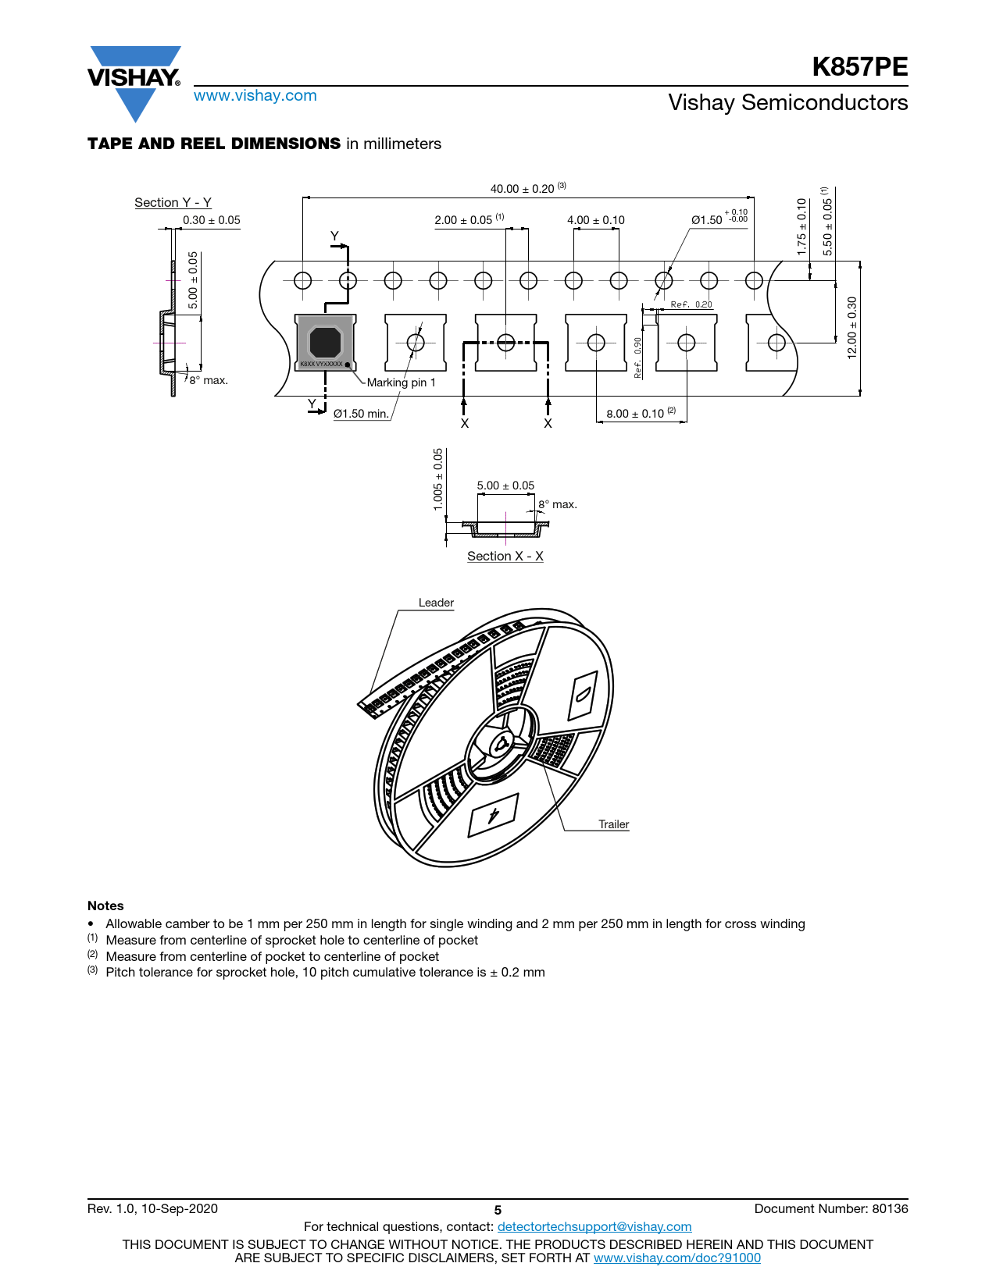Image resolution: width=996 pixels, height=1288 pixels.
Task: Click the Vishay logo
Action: pyautogui.click(x=134, y=83)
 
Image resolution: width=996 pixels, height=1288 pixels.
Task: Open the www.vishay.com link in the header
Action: pyautogui.click(x=255, y=95)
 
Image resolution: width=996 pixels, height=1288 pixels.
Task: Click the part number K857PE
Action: pyautogui.click(x=859, y=66)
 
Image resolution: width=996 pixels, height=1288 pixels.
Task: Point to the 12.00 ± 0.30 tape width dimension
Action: pyautogui.click(x=851, y=328)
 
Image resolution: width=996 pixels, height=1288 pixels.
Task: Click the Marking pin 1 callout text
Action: pyautogui.click(x=401, y=382)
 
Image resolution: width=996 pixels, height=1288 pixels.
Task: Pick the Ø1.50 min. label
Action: pyautogui.click(x=361, y=413)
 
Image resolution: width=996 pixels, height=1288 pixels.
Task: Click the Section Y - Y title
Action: pyautogui.click(x=173, y=202)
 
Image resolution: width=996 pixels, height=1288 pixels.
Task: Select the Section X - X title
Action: pyautogui.click(x=505, y=556)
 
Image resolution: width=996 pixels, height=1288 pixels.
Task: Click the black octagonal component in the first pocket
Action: pyautogui.click(x=325, y=342)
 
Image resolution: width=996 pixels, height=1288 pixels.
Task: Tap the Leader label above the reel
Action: pyautogui.click(x=436, y=602)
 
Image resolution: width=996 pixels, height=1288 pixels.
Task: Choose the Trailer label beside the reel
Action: pyautogui.click(x=613, y=824)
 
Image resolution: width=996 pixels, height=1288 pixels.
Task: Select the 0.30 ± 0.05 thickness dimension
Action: pyautogui.click(x=211, y=220)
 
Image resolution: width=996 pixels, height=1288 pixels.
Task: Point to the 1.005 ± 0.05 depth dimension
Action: pyautogui.click(x=437, y=479)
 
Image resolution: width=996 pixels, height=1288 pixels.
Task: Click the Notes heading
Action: pyautogui.click(x=105, y=906)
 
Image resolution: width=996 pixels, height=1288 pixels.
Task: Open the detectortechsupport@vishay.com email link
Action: pyautogui.click(x=594, y=1226)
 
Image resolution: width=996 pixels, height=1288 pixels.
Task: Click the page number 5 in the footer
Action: pyautogui.click(x=498, y=1210)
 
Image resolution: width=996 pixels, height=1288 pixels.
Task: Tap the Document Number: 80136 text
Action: pyautogui.click(x=830, y=1208)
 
